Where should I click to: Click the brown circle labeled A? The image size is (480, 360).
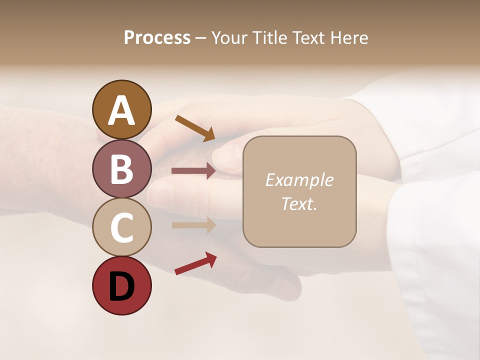121,109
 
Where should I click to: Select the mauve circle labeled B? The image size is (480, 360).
121,168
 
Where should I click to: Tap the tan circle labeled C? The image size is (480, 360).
121,227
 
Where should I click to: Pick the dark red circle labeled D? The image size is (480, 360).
121,286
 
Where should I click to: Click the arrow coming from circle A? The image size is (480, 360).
195,128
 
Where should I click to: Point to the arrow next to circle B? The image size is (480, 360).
193,171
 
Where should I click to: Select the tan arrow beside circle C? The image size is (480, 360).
193,225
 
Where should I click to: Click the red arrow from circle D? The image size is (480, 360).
195,263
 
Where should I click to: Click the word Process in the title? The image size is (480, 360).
157,38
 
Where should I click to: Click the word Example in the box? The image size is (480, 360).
299,180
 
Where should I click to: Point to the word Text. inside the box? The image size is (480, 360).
299,203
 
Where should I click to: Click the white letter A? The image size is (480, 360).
121,110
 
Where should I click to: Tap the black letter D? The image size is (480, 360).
121,286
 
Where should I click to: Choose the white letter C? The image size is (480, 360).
121,227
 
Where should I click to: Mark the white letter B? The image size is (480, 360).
121,169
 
